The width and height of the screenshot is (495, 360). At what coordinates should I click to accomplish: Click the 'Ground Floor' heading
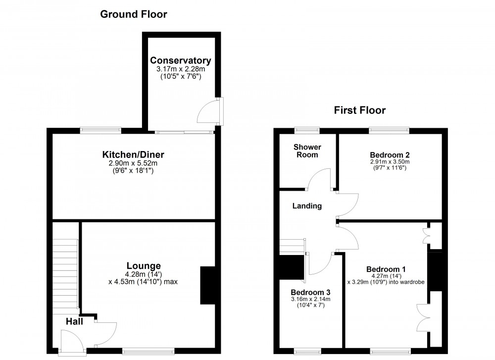(134, 14)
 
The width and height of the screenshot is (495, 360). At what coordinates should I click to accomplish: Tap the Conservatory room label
(181, 61)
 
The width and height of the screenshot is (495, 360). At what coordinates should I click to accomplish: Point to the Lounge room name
(143, 265)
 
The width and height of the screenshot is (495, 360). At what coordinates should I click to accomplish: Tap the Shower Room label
(307, 151)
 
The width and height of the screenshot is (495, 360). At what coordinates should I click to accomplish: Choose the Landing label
(307, 206)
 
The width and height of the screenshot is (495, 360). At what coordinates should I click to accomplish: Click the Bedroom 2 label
(389, 154)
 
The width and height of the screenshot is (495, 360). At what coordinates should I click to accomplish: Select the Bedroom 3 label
(310, 291)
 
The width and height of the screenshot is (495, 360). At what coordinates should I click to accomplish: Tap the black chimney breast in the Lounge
(205, 285)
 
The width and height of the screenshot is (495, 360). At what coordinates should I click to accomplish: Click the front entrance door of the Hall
(69, 342)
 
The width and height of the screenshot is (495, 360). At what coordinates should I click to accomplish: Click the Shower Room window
(307, 130)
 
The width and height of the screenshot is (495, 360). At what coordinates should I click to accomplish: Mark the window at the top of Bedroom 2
(389, 130)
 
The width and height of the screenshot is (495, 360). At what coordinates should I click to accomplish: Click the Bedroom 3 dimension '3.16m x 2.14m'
(310, 299)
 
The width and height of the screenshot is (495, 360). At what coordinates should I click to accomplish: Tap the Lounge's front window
(148, 352)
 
